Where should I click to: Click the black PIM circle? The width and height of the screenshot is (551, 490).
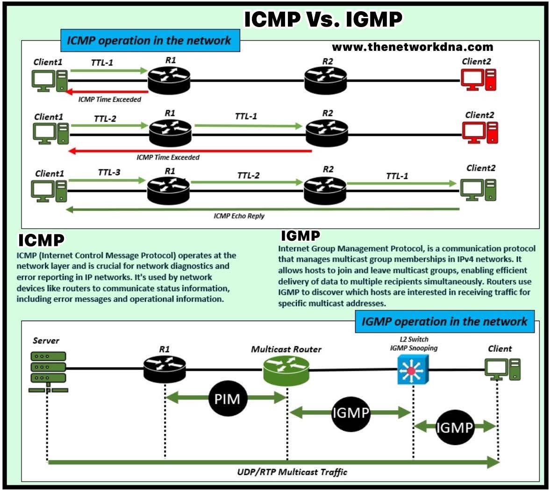pos(227,399)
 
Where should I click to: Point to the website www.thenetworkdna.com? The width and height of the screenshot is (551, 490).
pos(412,47)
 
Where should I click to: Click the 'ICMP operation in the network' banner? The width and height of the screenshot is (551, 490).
pos(150,41)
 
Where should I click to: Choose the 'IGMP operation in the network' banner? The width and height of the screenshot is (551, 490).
pos(444,322)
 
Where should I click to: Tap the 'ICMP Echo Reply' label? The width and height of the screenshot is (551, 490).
pos(239,216)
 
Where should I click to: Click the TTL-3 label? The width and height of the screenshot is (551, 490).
pos(109,173)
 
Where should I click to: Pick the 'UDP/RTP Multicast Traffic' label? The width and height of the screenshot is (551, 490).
pos(292,472)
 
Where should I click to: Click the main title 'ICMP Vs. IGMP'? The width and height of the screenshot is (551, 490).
pos(323,20)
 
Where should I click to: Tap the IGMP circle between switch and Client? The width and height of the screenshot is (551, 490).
pos(454,427)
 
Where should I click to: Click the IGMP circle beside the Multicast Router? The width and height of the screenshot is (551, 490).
pos(351,413)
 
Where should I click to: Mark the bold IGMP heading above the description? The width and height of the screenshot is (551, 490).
pos(300,236)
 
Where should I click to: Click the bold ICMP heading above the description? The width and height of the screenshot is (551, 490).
pos(41,240)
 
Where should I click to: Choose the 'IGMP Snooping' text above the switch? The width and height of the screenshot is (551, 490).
pos(414,348)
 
